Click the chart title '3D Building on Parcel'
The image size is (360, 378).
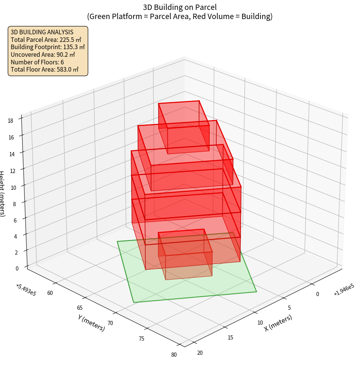pyautogui.click(x=180, y=7)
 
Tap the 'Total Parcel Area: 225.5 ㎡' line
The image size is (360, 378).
pyautogui.click(x=46, y=40)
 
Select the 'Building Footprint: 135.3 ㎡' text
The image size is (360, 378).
pyautogui.click(x=48, y=47)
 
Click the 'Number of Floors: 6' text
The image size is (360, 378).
pyautogui.click(x=37, y=62)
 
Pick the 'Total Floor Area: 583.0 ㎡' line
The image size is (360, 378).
pyautogui.click(x=45, y=69)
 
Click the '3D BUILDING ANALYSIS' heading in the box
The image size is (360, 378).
pyautogui.click(x=42, y=32)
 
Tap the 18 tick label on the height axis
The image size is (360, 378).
pyautogui.click(x=10, y=121)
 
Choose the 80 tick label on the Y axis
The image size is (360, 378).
pyautogui.click(x=174, y=355)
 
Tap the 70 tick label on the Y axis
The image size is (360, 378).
pyautogui.click(x=110, y=323)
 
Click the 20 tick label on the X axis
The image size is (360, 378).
pyautogui.click(x=200, y=352)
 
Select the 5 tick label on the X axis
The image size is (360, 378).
pyautogui.click(x=289, y=308)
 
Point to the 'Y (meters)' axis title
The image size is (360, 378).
pyautogui.click(x=92, y=323)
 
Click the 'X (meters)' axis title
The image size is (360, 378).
pyautogui.click(x=278, y=323)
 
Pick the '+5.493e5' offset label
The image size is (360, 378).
pyautogui.click(x=26, y=290)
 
